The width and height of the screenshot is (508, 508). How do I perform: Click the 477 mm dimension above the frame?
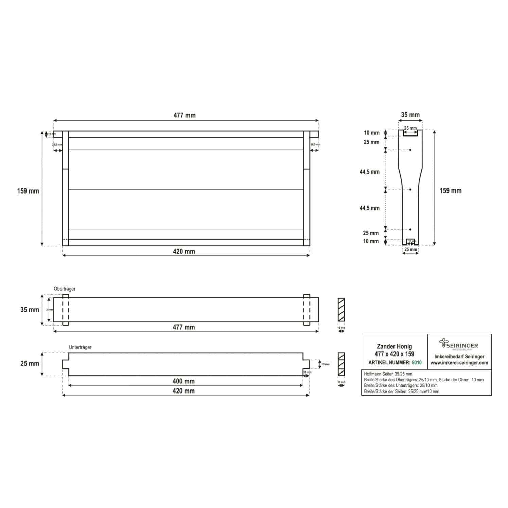pyautogui.click(x=185, y=115)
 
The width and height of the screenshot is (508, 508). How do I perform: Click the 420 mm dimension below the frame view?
pyautogui.click(x=184, y=252)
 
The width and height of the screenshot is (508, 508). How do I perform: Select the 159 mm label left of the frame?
pyautogui.click(x=28, y=191)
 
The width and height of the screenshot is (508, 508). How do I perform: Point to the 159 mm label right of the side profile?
pyautogui.click(x=450, y=191)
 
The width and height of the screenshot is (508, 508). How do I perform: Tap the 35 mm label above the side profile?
pyautogui.click(x=410, y=115)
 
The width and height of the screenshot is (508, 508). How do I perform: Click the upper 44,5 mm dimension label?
pyautogui.click(x=369, y=172)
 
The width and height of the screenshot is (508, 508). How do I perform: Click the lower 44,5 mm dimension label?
pyautogui.click(x=369, y=208)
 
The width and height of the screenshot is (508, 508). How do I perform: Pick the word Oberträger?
pyautogui.click(x=65, y=289)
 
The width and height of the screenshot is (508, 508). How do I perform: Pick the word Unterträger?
pyautogui.click(x=80, y=347)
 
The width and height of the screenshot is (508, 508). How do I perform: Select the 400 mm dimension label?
pyautogui.click(x=183, y=381)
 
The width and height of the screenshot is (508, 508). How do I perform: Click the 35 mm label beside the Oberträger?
pyautogui.click(x=30, y=310)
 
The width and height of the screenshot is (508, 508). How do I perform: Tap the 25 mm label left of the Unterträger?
pyautogui.click(x=30, y=364)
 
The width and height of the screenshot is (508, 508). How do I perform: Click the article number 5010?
pyautogui.click(x=417, y=363)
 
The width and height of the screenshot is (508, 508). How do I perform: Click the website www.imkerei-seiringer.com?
pyautogui.click(x=459, y=363)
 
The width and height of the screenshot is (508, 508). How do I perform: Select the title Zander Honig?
pyautogui.click(x=394, y=346)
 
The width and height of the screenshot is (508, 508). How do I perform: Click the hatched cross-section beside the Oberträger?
pyautogui.click(x=341, y=310)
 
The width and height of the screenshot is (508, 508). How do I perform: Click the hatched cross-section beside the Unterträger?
pyautogui.click(x=341, y=364)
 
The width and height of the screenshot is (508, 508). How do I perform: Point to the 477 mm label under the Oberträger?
pyautogui.click(x=183, y=327)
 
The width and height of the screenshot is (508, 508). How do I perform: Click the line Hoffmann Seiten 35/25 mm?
pyautogui.click(x=388, y=374)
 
